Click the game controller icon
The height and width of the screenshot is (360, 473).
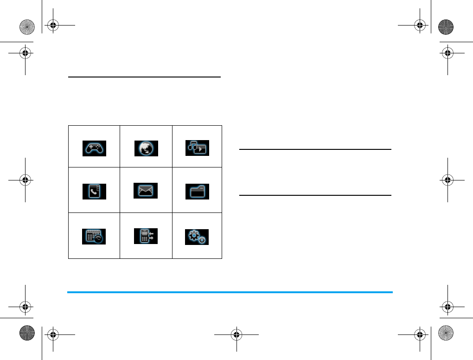(95, 148)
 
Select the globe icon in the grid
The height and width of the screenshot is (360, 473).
(146, 148)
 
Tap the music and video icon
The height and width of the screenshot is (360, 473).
(197, 148)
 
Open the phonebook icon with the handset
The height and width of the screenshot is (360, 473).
(95, 191)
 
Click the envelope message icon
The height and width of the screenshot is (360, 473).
(146, 191)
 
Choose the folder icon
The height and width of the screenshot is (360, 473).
(197, 191)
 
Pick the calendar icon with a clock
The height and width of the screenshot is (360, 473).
(95, 236)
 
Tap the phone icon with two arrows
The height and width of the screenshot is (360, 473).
(146, 236)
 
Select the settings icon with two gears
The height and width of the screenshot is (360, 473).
(197, 236)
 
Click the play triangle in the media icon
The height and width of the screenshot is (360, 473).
(201, 150)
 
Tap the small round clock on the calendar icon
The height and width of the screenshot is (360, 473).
(99, 240)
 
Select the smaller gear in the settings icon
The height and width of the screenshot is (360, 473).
(202, 241)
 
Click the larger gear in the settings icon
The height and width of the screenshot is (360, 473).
(194, 235)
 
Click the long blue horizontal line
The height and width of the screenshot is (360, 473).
(230, 292)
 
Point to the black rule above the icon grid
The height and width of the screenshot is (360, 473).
(144, 77)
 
